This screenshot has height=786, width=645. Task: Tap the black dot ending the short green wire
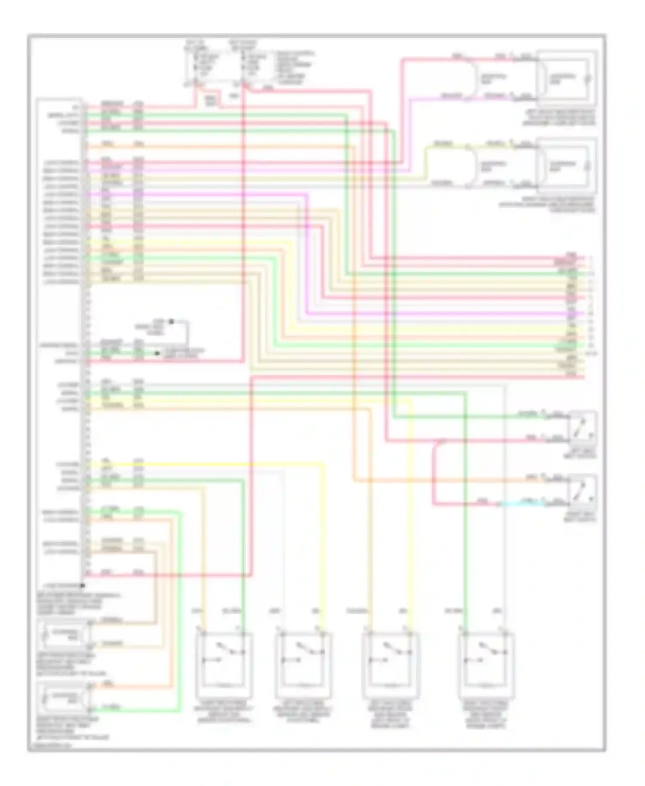[x=158, y=353]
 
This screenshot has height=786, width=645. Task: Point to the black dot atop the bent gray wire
[x=171, y=321]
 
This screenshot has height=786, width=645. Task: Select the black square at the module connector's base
[x=82, y=585]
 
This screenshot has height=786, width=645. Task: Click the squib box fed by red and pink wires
[x=566, y=78]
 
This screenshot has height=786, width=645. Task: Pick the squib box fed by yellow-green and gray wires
[x=566, y=165]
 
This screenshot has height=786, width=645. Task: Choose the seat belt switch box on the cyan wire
[x=582, y=492]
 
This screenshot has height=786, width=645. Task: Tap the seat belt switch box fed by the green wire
[x=582, y=428]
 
